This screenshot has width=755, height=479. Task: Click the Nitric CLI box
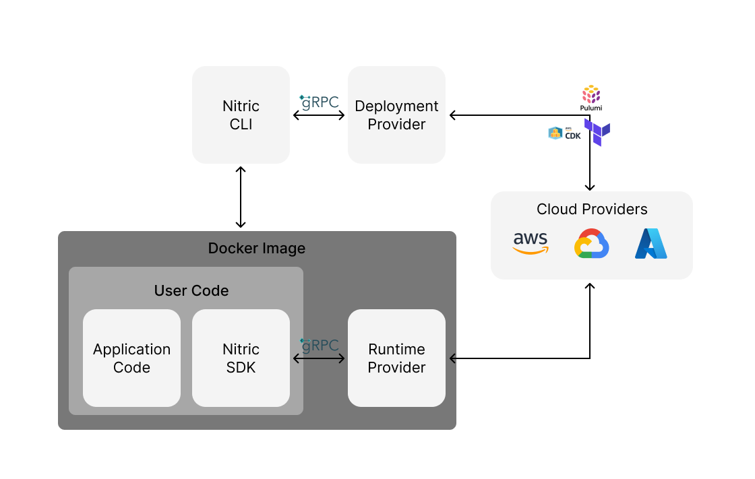tap(241, 115)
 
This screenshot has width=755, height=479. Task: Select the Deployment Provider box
tap(396, 115)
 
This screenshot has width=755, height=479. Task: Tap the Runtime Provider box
tap(396, 358)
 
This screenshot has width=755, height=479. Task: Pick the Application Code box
tap(131, 358)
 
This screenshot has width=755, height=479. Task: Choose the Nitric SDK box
tap(241, 358)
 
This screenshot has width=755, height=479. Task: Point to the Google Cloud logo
tap(592, 244)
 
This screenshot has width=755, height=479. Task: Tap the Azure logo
tap(651, 244)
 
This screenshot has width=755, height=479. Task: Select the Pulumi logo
tap(591, 98)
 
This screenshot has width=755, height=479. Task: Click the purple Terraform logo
tap(598, 133)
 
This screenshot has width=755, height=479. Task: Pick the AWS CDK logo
tap(564, 133)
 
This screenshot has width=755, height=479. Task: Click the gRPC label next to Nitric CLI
tap(319, 102)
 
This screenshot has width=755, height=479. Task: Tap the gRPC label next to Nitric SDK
tap(319, 346)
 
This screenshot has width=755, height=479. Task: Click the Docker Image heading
tap(257, 248)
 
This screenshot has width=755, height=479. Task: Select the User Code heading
tap(191, 290)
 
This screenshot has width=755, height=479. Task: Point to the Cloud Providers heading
tap(592, 209)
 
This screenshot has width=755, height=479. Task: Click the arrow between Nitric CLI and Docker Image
tap(241, 197)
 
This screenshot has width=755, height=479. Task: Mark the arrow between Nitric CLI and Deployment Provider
tap(319, 116)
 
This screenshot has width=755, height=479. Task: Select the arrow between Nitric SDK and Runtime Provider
tap(319, 358)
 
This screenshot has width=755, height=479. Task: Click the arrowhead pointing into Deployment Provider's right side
tap(453, 115)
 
